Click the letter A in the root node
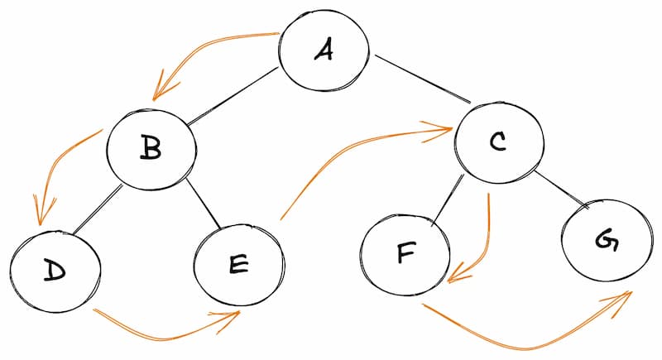click(x=324, y=50)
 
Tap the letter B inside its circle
click(x=151, y=148)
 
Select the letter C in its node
click(x=498, y=142)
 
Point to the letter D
click(x=55, y=271)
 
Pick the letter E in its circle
click(x=238, y=264)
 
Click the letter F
click(x=405, y=252)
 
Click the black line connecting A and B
click(x=233, y=96)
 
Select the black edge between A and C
click(x=423, y=79)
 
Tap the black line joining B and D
click(x=98, y=209)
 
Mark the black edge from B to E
click(x=203, y=204)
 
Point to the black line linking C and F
click(x=447, y=200)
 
